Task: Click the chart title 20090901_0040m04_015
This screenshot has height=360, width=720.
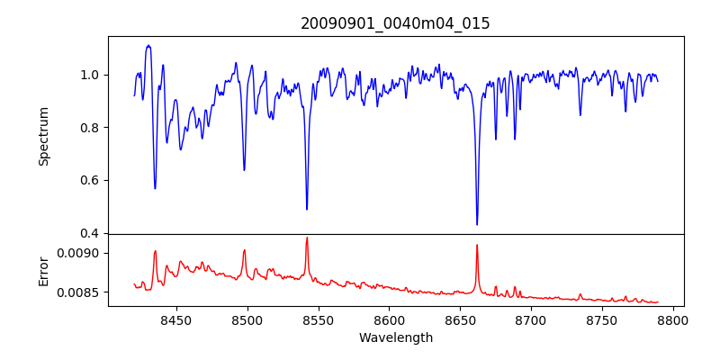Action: (x=395, y=23)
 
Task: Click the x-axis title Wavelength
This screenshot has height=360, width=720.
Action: (x=395, y=337)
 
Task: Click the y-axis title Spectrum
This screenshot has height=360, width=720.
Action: (x=43, y=136)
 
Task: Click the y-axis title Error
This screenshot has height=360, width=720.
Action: (x=43, y=270)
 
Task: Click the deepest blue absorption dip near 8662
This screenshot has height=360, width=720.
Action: (x=477, y=224)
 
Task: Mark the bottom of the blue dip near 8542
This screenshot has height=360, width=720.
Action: (x=307, y=209)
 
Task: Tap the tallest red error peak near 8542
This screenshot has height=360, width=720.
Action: (x=307, y=238)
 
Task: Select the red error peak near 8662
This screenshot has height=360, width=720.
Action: (x=477, y=245)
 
